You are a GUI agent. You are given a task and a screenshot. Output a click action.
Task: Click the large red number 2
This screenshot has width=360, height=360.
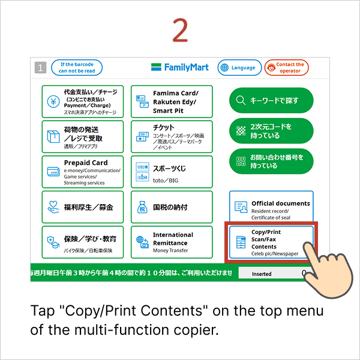pos(180,31)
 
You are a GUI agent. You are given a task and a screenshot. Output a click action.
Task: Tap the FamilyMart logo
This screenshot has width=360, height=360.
pos(179,67)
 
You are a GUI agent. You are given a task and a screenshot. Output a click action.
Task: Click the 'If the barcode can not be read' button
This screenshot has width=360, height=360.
pos(76,67)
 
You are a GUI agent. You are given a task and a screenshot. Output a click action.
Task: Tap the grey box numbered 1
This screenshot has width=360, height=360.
pos(40,68)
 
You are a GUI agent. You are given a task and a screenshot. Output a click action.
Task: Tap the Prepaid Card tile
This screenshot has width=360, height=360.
pos(83,172)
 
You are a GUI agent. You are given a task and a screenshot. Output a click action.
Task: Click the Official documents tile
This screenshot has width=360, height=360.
pos(271,207)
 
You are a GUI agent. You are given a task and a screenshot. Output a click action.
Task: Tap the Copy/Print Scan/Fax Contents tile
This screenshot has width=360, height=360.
pos(271,242)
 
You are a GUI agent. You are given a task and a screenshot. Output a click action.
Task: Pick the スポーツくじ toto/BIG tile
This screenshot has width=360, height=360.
pos(172,172)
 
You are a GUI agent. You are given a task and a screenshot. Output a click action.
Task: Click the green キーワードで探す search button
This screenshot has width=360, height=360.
pos(271,100)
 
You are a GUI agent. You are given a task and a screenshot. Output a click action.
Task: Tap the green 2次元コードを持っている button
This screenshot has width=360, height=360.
pos(271,130)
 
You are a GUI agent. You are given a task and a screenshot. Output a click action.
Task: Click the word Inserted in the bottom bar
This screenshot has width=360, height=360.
pos(262,274)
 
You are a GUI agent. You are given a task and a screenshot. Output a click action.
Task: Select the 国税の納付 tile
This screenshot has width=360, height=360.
pos(172,207)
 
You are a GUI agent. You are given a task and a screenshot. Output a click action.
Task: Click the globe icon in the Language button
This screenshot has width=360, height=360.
pos(224,68)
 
